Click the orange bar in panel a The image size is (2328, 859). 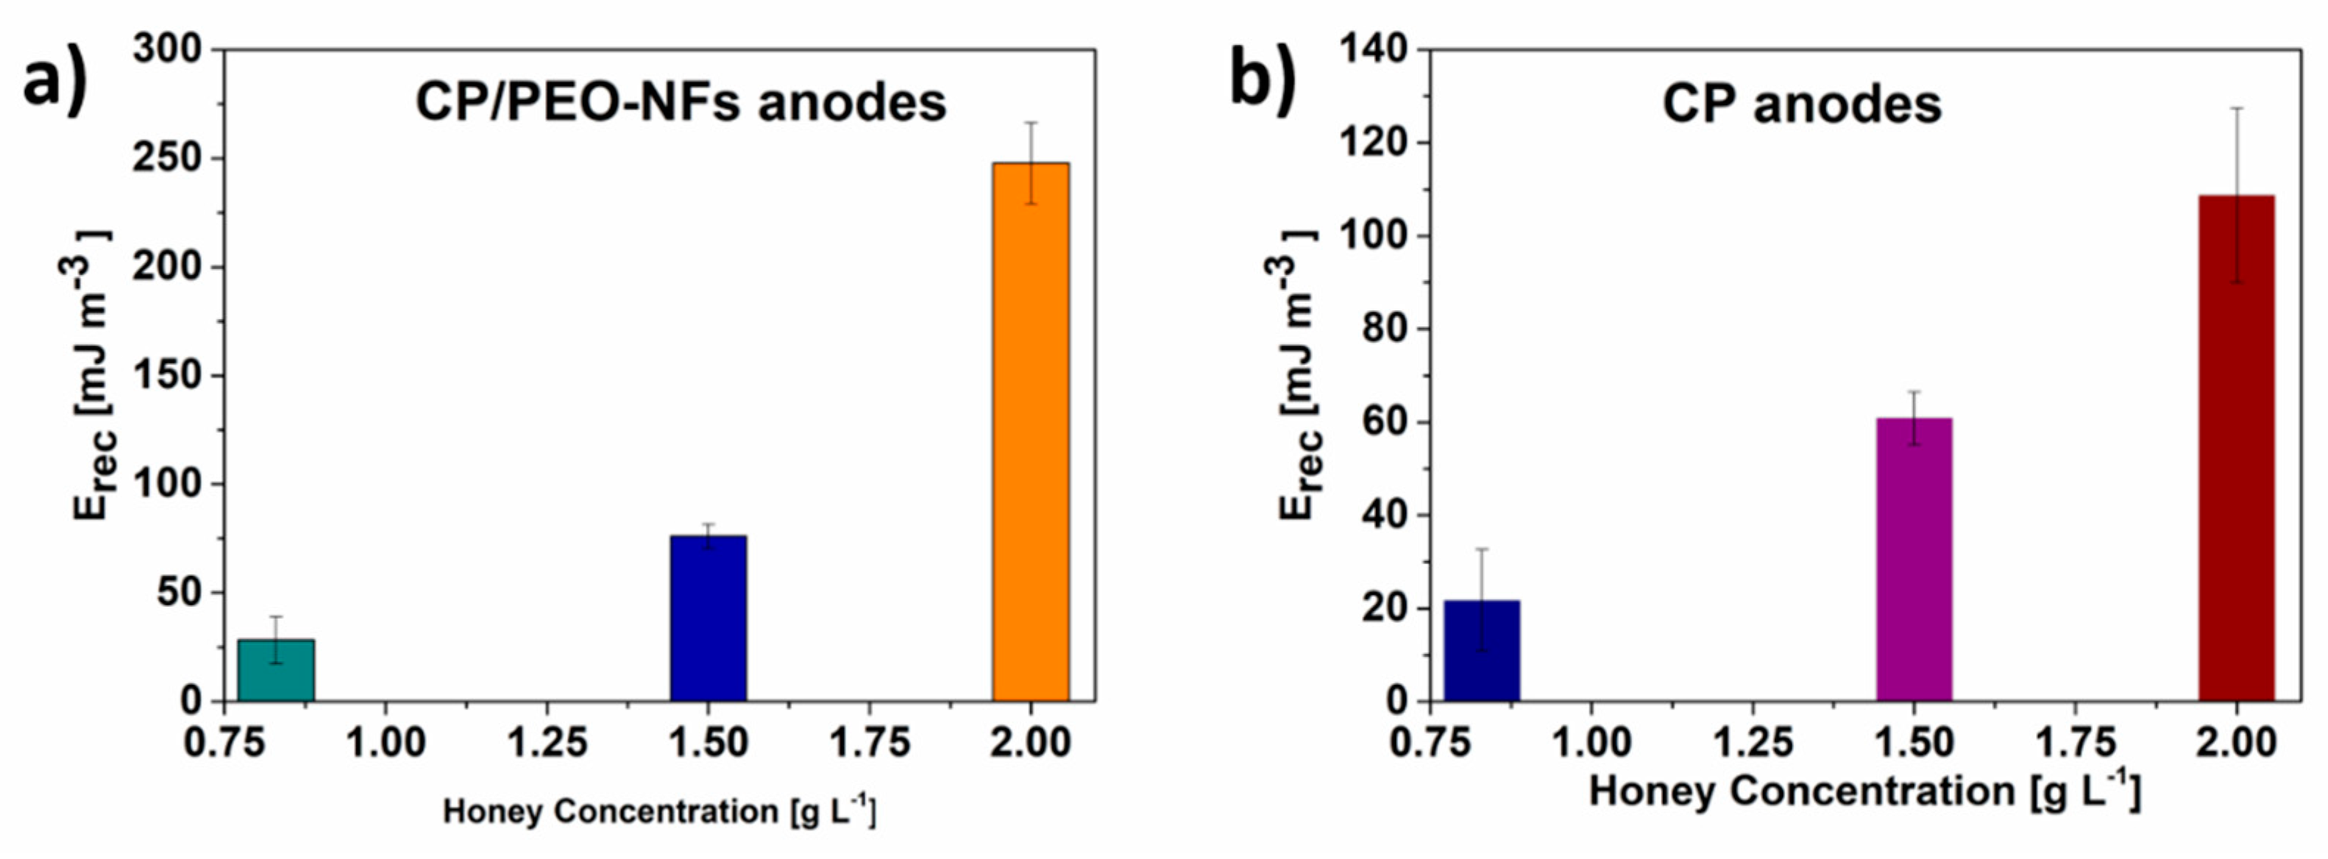pyautogui.click(x=1030, y=434)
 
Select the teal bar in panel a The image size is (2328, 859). pyautogui.click(x=276, y=670)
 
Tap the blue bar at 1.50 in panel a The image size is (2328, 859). pyautogui.click(x=708, y=619)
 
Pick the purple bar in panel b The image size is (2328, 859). pyautogui.click(x=1914, y=560)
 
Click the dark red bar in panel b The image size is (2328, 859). pyautogui.click(x=2236, y=452)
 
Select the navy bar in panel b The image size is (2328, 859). pyautogui.click(x=1481, y=650)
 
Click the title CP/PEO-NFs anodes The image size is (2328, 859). pyautogui.click(x=680, y=102)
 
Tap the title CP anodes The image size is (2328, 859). pyautogui.click(x=1801, y=104)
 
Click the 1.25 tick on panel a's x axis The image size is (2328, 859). pyautogui.click(x=547, y=744)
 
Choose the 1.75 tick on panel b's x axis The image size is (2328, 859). pyautogui.click(x=2075, y=744)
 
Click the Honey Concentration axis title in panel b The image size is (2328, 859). pyautogui.click(x=1864, y=792)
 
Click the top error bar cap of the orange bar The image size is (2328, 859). pyautogui.click(x=1030, y=122)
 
